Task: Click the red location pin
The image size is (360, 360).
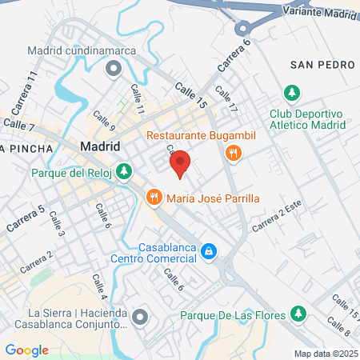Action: point(180,163)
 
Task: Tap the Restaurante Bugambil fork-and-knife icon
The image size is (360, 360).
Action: point(234,152)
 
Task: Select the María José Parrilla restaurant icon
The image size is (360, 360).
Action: point(151,196)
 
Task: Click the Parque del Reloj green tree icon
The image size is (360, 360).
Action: point(124,170)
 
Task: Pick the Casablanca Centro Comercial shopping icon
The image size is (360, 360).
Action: point(208,252)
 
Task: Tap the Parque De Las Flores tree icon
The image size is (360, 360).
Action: point(298,313)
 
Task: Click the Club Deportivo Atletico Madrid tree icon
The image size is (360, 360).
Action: point(292,93)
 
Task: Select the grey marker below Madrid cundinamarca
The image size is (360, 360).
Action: point(113,69)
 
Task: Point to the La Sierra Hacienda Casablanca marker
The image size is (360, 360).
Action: point(140,318)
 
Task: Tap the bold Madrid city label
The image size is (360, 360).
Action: point(101,146)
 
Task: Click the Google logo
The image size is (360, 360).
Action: point(27,350)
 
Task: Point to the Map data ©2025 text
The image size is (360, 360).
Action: point(325,353)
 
